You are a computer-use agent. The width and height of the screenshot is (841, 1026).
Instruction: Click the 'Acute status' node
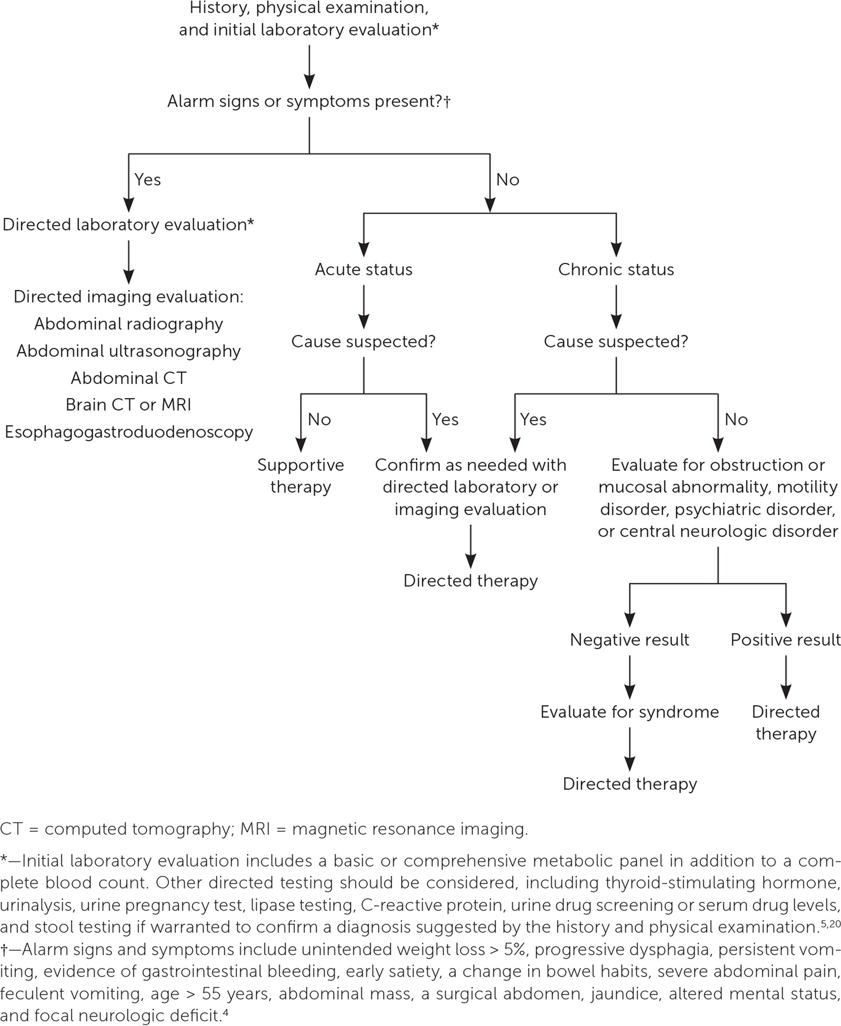coord(363,269)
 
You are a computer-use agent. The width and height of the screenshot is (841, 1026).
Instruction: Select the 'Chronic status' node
coord(615,269)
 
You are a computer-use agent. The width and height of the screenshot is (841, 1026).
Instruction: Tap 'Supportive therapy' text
coord(301,475)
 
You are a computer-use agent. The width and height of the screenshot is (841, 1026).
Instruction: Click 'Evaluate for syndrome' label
coord(630,712)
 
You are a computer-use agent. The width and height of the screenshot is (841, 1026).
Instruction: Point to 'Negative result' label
coord(630,640)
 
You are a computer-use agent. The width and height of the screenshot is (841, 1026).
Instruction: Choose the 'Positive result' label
coord(785,640)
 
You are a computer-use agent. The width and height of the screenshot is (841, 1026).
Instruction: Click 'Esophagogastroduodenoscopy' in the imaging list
coord(129,432)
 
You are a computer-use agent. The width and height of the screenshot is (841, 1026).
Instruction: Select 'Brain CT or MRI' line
coord(129,405)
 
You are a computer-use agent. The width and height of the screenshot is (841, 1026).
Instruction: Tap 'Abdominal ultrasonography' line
coord(129,351)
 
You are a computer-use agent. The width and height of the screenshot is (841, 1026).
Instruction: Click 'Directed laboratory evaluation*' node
coord(129,224)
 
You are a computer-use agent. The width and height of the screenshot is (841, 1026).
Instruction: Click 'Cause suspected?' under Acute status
coord(363,341)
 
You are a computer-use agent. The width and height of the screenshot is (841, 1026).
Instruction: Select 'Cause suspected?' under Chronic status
coord(615,341)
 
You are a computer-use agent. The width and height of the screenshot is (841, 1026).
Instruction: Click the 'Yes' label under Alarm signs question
coord(148,180)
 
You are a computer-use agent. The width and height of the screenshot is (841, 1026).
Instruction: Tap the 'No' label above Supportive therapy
coord(319,419)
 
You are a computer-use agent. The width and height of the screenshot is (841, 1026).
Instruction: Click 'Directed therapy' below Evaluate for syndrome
coord(630,784)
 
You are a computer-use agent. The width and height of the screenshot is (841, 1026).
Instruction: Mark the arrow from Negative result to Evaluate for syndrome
coord(630,676)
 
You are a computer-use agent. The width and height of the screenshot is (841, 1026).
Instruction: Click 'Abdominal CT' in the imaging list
coord(129,378)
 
